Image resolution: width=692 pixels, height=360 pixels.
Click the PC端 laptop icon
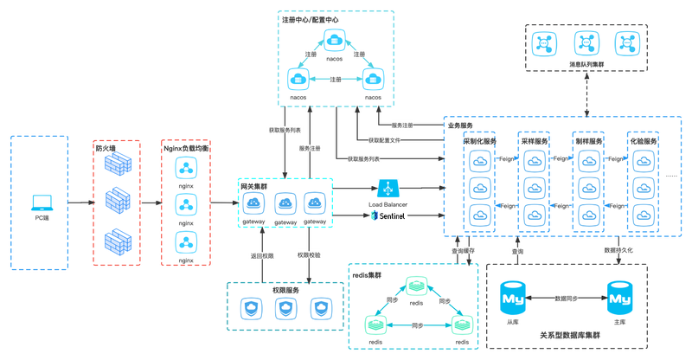(40, 202)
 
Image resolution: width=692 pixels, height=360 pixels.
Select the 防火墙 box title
(106, 148)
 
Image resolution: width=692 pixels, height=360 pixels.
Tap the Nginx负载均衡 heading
(186, 148)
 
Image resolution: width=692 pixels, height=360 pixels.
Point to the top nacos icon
(334, 39)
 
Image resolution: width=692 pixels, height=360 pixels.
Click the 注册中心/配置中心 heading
(311, 18)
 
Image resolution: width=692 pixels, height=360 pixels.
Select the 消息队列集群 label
(587, 64)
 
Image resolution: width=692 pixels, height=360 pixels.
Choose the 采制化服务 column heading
(479, 141)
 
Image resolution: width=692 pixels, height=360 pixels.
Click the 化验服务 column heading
(644, 141)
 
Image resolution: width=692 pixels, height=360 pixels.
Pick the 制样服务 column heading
(589, 141)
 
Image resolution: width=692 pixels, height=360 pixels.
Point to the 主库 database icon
(618, 299)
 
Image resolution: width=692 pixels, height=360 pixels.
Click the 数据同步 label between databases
(566, 297)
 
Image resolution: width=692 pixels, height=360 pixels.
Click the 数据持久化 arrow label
(618, 250)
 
